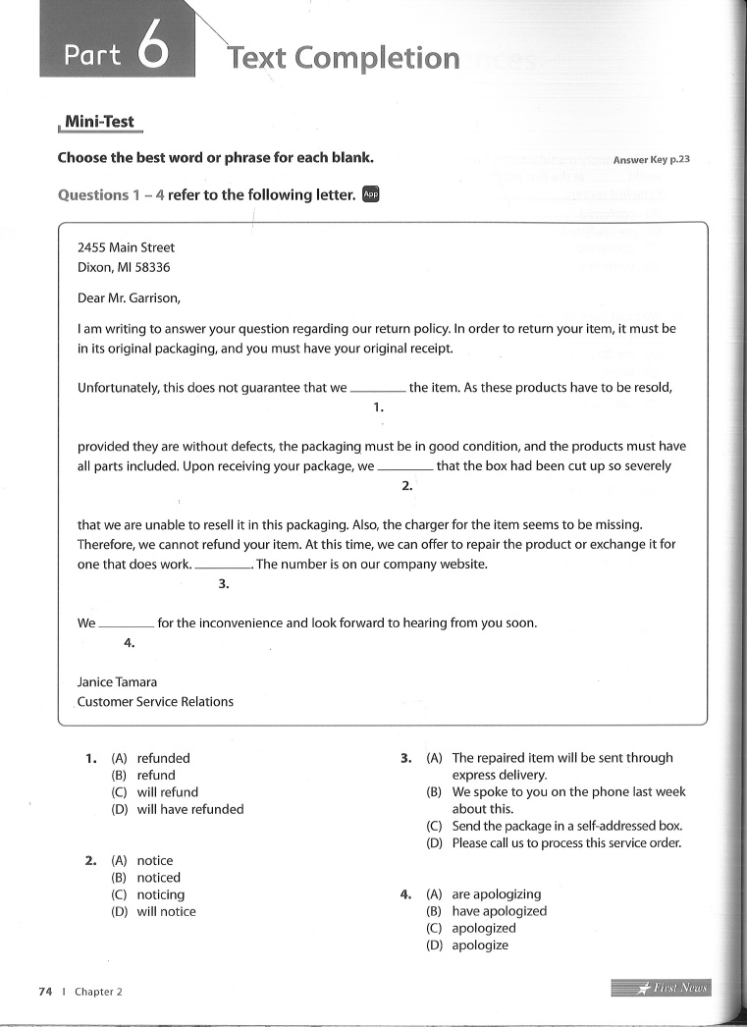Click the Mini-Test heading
pyautogui.click(x=99, y=123)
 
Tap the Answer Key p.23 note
pyautogui.click(x=651, y=159)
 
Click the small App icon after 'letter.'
pyautogui.click(x=370, y=194)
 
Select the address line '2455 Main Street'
pyautogui.click(x=126, y=248)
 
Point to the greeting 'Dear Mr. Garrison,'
pyautogui.click(x=130, y=298)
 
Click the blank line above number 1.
pyautogui.click(x=378, y=390)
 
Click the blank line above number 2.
pyautogui.click(x=405, y=468)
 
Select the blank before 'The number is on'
pyautogui.click(x=224, y=567)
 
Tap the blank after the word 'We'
pyautogui.click(x=128, y=625)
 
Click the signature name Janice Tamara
pyautogui.click(x=117, y=682)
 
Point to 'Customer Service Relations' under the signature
pyautogui.click(x=155, y=702)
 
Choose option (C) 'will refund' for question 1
pyautogui.click(x=167, y=792)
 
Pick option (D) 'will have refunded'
pyautogui.click(x=189, y=810)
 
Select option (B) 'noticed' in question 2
pyautogui.click(x=158, y=878)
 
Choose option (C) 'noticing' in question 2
pyautogui.click(x=160, y=895)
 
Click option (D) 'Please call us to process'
pyautogui.click(x=566, y=843)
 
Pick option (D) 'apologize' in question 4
pyautogui.click(x=480, y=946)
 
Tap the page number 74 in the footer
pyautogui.click(x=45, y=992)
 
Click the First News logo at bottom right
pyautogui.click(x=660, y=988)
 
